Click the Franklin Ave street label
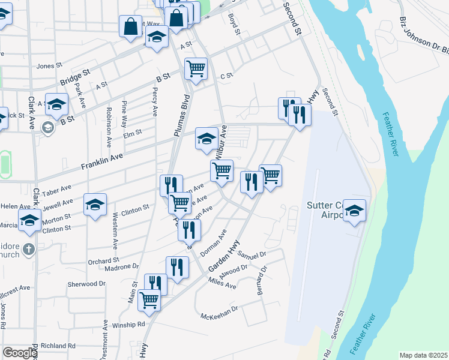[103, 159]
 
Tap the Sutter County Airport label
[324, 210]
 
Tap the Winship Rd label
[128, 325]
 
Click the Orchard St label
[104, 261]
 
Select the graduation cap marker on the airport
[354, 211]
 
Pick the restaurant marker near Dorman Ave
[190, 229]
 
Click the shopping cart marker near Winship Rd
[149, 300]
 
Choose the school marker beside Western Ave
[95, 205]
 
